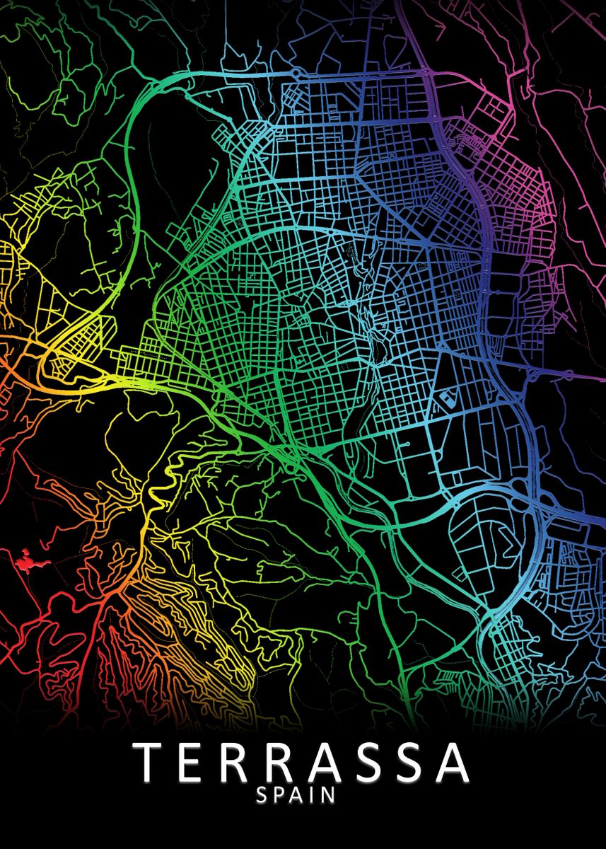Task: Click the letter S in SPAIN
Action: point(262,795)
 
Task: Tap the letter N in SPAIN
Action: point(330,795)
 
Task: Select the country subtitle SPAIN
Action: point(296,795)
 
